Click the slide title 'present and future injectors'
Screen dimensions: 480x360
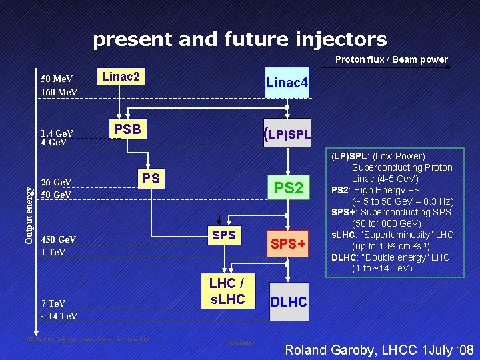[x=239, y=40]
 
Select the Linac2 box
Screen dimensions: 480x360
[x=120, y=77]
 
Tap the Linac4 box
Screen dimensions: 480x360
[x=287, y=83]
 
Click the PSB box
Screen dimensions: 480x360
[x=127, y=129]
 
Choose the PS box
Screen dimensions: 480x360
[x=151, y=178]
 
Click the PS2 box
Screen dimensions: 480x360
[x=289, y=188]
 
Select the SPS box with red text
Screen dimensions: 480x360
[x=223, y=235]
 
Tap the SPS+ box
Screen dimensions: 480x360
[x=288, y=245]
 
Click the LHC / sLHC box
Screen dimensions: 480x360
[x=227, y=291]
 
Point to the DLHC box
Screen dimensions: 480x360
[x=288, y=302]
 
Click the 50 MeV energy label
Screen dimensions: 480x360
[x=57, y=79]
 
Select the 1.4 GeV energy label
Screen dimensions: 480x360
[x=57, y=133]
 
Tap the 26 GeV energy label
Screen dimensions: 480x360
[x=57, y=182]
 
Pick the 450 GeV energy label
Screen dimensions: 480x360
[x=59, y=239]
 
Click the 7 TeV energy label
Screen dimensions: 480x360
[x=53, y=304]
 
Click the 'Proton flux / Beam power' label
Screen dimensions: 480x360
[x=391, y=59]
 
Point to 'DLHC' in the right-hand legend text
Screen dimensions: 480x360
[x=345, y=257]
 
